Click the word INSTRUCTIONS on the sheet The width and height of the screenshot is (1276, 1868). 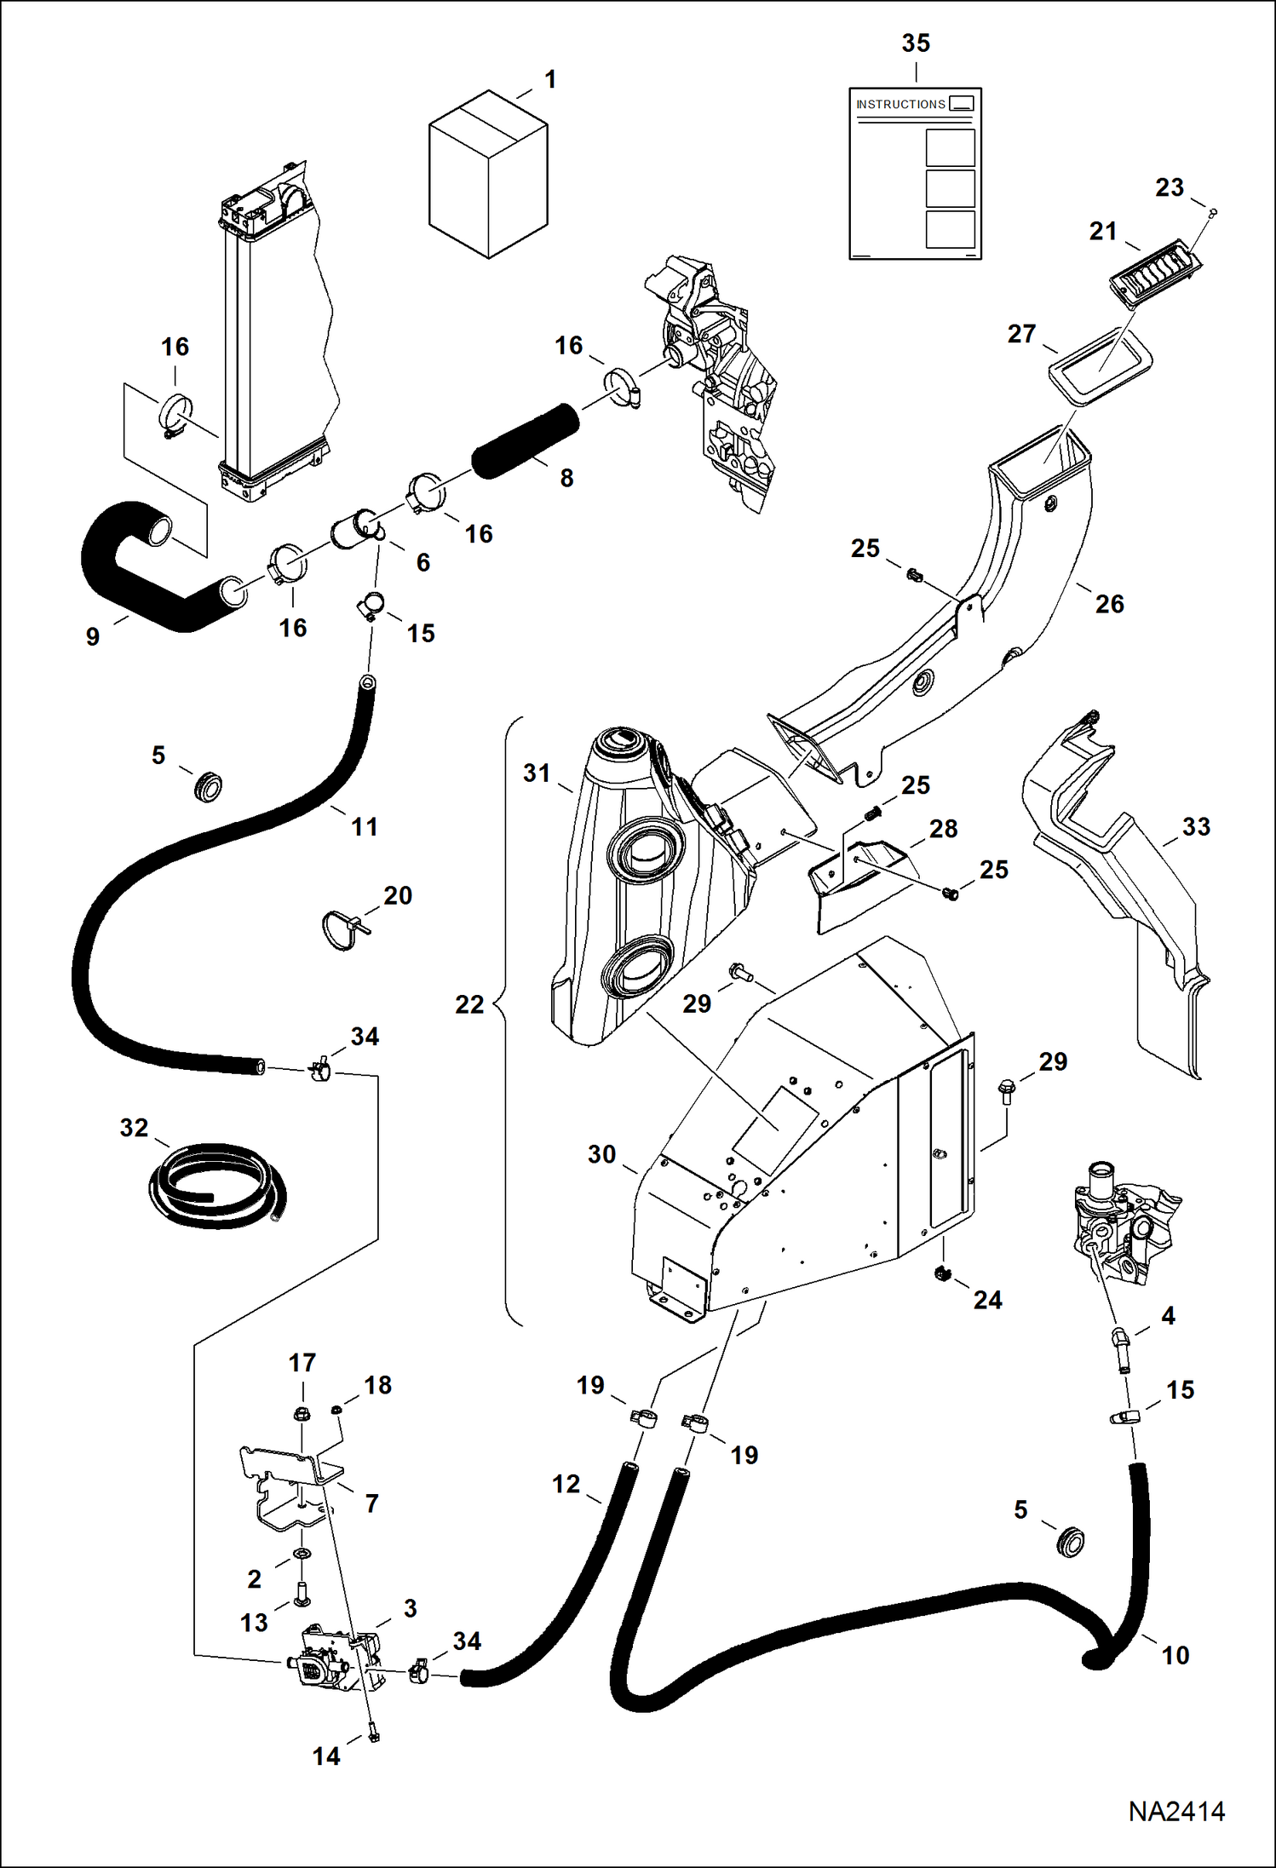tap(900, 104)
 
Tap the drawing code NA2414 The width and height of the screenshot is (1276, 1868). tap(1176, 1812)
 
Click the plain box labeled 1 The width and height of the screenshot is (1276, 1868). tap(488, 175)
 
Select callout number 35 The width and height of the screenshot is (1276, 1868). tap(916, 43)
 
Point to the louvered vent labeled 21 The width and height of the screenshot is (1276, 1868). tap(1154, 272)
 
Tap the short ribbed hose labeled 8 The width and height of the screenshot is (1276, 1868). tap(525, 440)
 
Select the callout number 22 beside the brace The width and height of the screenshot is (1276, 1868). tap(469, 1004)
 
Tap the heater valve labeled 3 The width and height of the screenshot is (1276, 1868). tap(328, 1657)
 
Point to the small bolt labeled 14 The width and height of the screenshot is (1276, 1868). tap(373, 1734)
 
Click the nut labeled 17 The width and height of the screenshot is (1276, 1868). tap(301, 1415)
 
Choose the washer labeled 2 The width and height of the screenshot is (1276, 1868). tap(302, 1555)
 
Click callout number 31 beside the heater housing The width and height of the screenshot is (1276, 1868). tap(537, 773)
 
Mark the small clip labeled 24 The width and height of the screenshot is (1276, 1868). tap(942, 1274)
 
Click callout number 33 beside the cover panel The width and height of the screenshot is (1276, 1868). tap(1196, 826)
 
